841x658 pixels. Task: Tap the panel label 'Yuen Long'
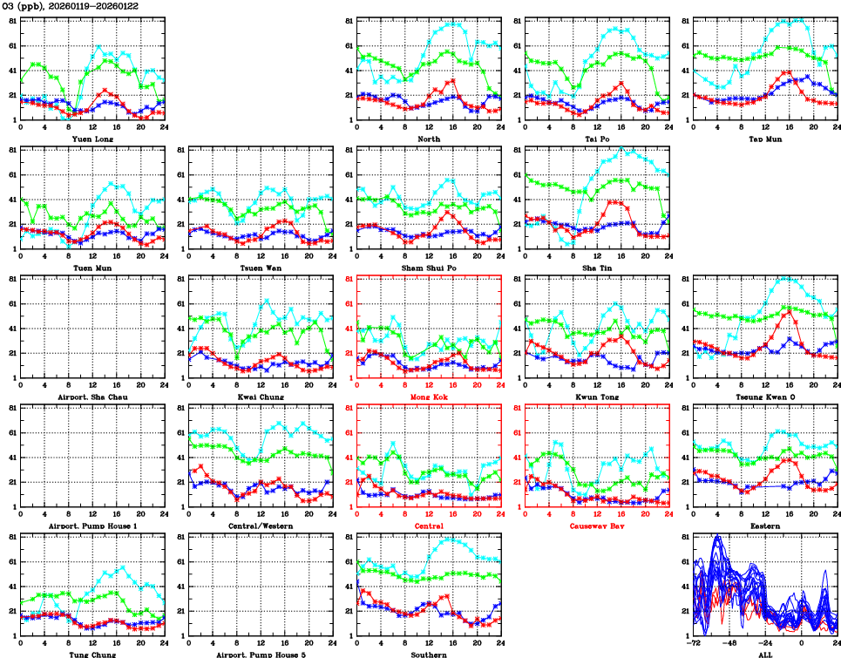(x=92, y=139)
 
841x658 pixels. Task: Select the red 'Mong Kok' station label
(x=428, y=397)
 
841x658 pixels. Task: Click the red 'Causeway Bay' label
(x=596, y=526)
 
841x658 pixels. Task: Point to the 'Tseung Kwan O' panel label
(x=764, y=397)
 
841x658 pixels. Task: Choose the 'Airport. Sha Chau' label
(x=92, y=397)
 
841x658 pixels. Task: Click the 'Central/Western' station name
(x=260, y=526)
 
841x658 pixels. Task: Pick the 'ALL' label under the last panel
(x=764, y=653)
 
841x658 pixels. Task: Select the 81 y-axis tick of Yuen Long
(x=11, y=20)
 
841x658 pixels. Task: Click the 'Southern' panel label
(x=428, y=653)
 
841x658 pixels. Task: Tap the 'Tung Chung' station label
(x=92, y=653)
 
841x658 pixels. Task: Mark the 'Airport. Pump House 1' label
(x=92, y=526)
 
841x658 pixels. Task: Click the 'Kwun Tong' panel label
(x=596, y=397)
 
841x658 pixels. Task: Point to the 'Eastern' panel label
(x=764, y=526)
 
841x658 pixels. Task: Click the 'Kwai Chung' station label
(x=260, y=397)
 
